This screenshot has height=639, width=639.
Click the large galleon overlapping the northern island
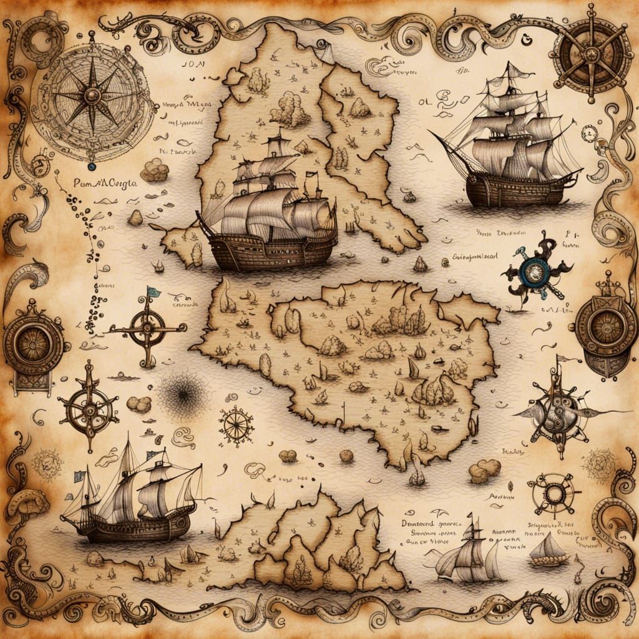(x=268, y=212)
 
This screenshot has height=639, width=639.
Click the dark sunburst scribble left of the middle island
(x=183, y=393)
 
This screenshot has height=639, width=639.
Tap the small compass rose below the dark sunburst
(x=237, y=426)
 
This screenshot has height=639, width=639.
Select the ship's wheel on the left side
(x=89, y=409)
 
